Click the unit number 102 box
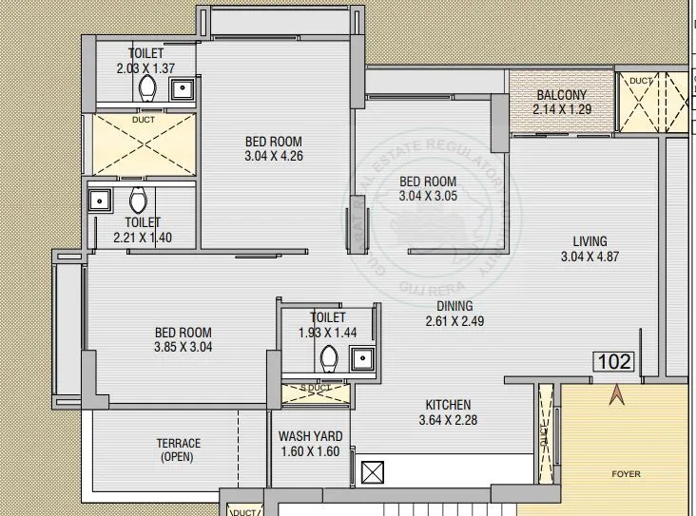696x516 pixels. (x=613, y=361)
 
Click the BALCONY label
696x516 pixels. (x=561, y=95)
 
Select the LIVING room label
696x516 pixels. (x=583, y=240)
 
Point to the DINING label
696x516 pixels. (x=455, y=306)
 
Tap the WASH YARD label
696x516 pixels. (x=310, y=436)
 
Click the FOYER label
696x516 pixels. (x=625, y=473)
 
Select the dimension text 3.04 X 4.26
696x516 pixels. (x=273, y=157)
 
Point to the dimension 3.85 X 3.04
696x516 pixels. (x=184, y=347)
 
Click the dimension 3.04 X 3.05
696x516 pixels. (x=427, y=197)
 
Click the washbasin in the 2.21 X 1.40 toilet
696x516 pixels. (x=98, y=201)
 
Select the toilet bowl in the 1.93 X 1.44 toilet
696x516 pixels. (x=329, y=357)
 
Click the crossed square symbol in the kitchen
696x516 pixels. (x=373, y=472)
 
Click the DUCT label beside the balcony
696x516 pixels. (x=641, y=82)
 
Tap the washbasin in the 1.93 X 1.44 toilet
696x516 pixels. (x=361, y=357)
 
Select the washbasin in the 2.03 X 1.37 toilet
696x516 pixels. (x=181, y=88)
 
